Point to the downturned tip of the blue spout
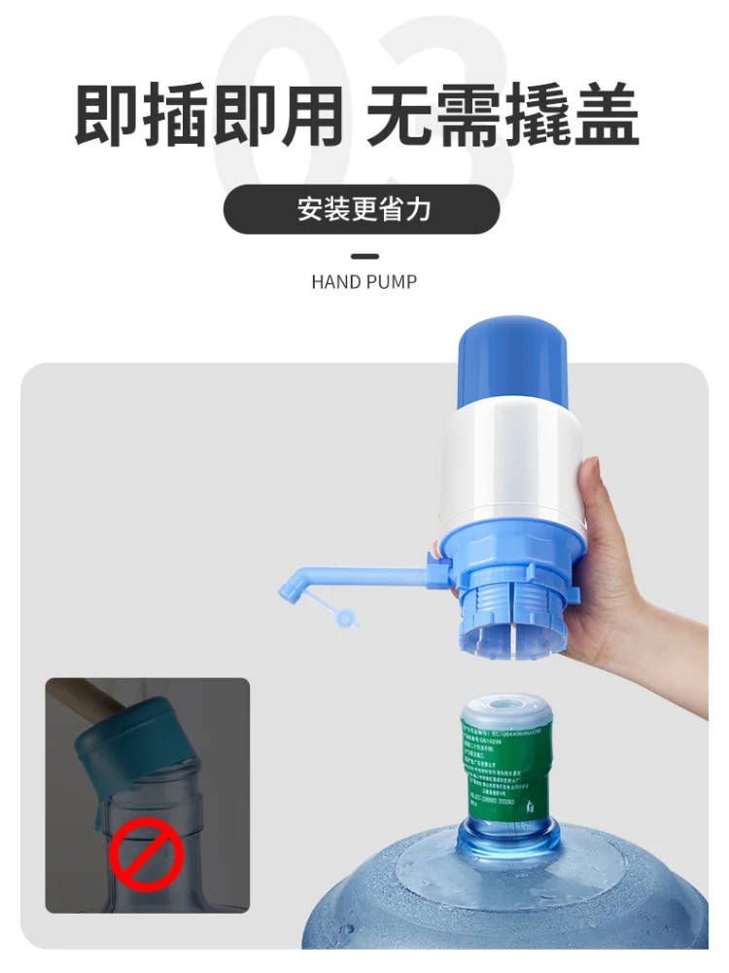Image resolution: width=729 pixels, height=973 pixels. [290, 590]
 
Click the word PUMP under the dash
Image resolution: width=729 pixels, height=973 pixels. [391, 282]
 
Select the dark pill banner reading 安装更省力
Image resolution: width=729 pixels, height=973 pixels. [362, 209]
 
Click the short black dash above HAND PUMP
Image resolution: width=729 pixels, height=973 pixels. [364, 257]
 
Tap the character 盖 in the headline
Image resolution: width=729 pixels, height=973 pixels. [606, 118]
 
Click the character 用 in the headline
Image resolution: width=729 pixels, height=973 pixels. [311, 118]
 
